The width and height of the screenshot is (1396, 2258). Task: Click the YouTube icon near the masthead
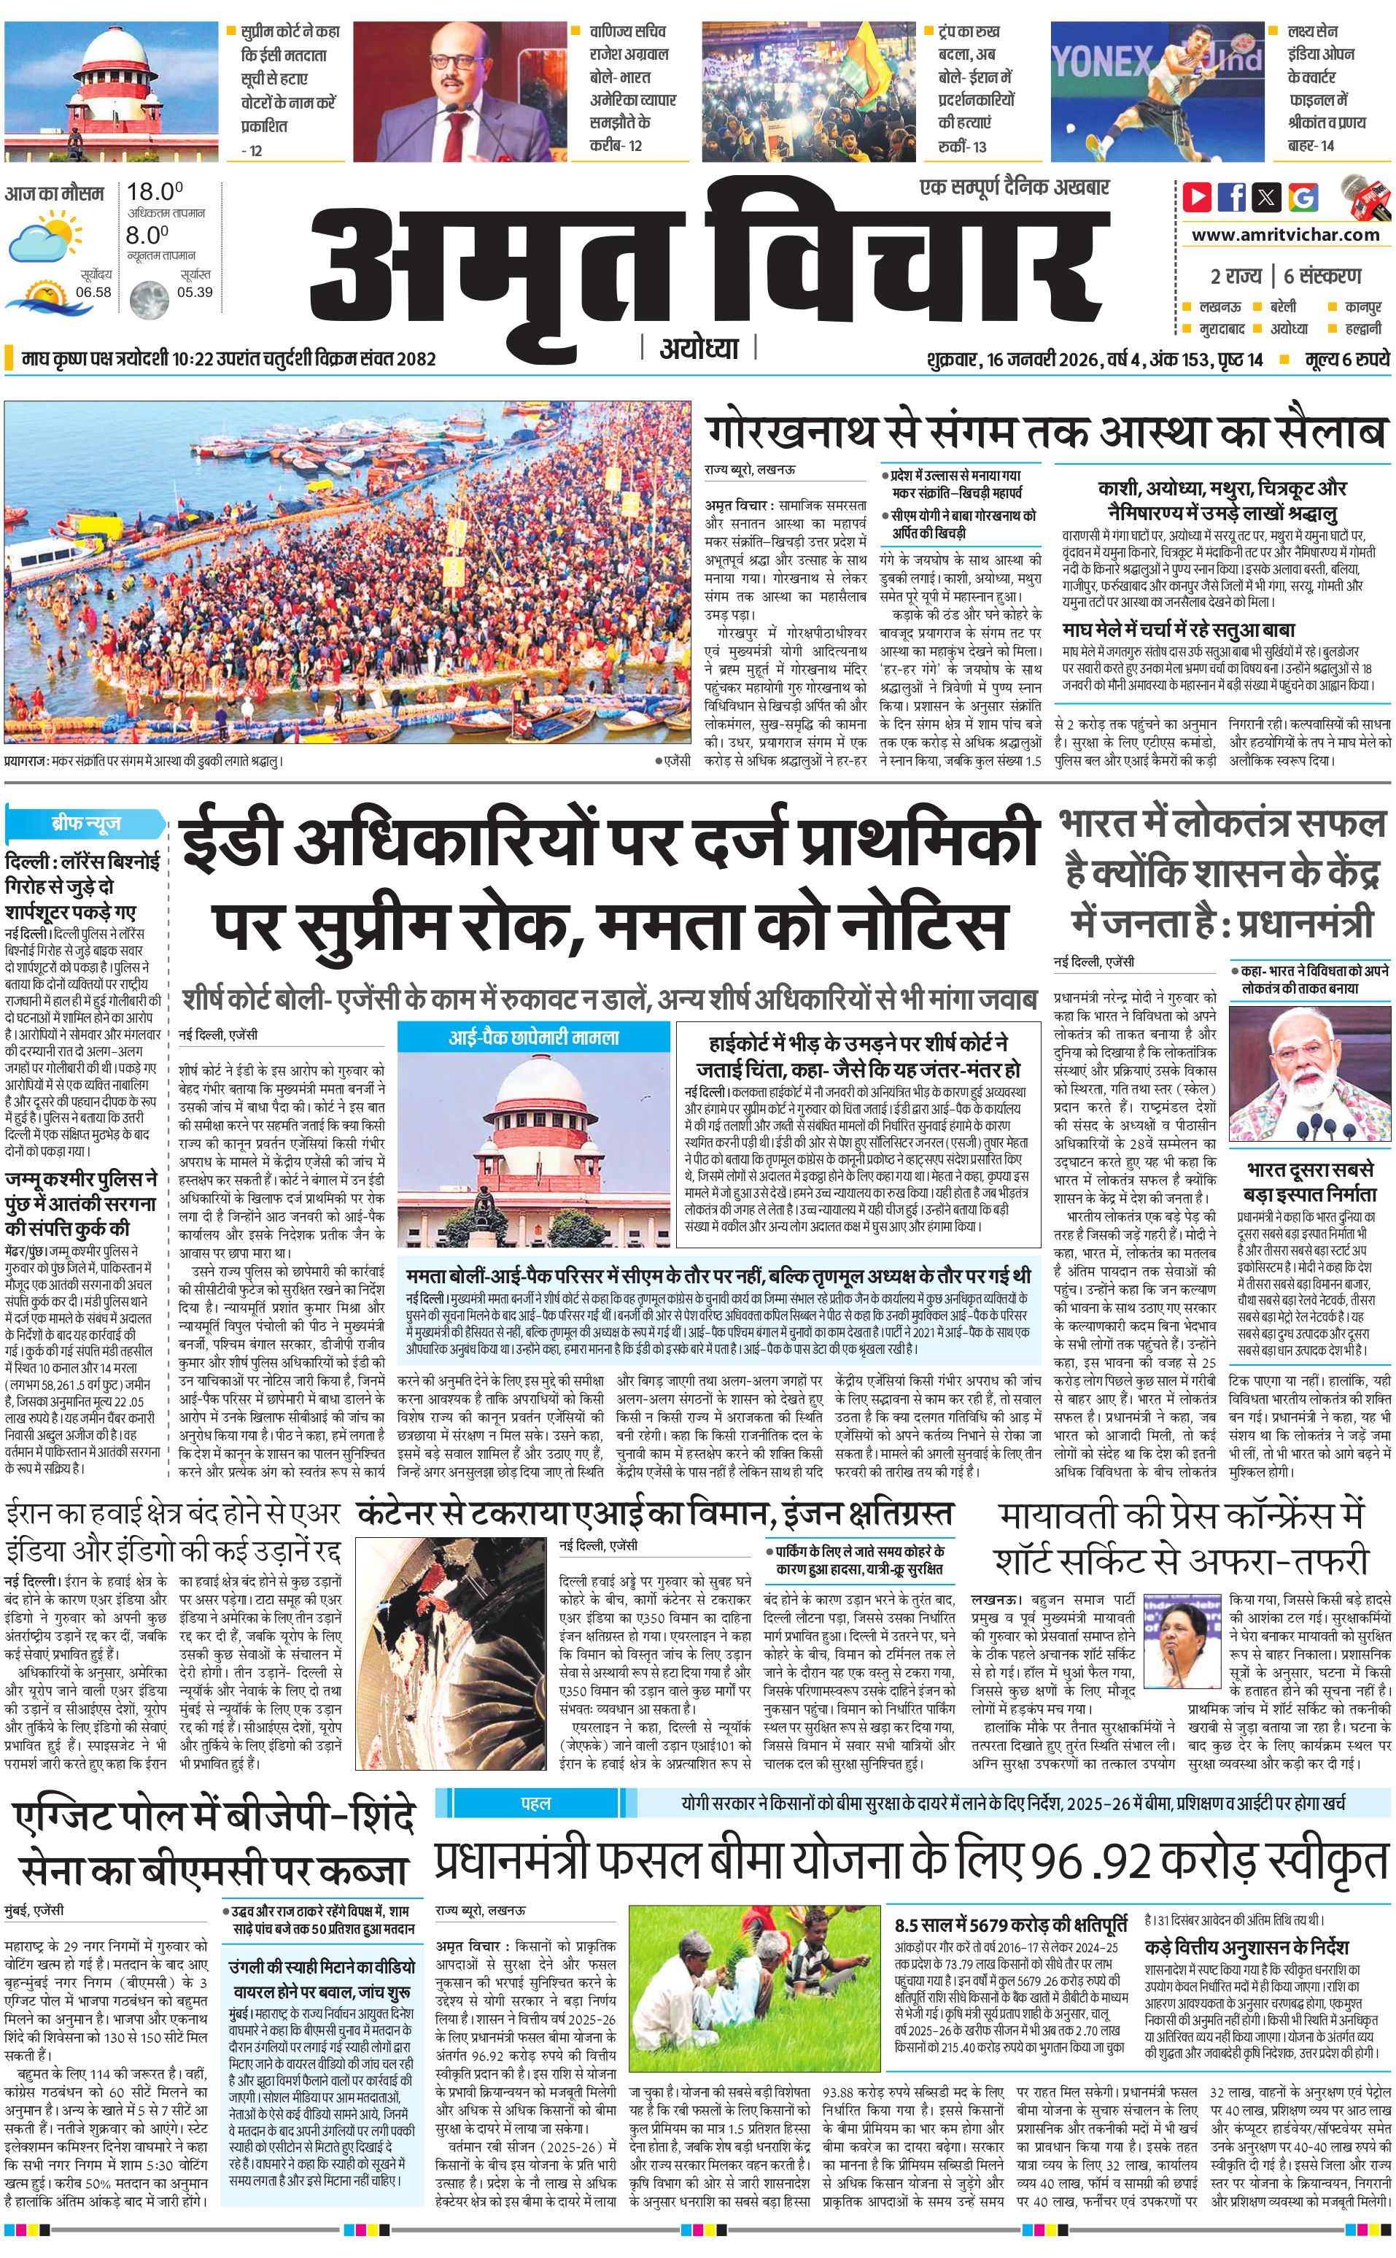[1198, 197]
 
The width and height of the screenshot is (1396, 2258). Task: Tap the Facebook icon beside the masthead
[1232, 197]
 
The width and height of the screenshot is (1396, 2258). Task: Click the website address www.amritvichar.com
[1285, 235]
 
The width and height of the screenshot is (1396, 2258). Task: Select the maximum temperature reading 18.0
[154, 192]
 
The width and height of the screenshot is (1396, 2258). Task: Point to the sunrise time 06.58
[93, 292]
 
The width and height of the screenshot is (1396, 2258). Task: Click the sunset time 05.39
[194, 292]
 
